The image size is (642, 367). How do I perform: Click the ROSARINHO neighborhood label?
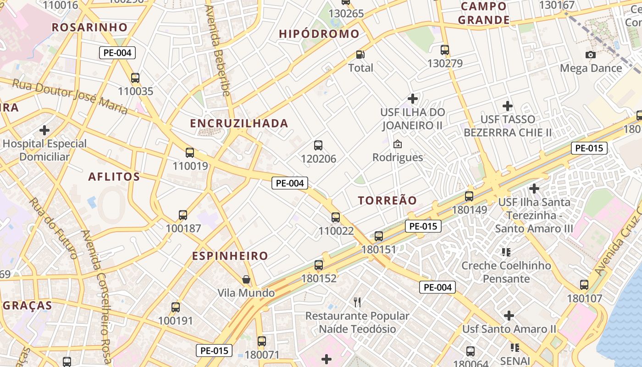tap(89, 27)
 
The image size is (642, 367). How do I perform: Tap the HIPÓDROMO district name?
tap(319, 34)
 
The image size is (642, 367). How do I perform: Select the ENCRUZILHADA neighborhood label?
tap(239, 123)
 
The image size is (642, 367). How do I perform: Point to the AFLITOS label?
tap(114, 177)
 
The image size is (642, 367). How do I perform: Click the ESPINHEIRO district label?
tap(230, 256)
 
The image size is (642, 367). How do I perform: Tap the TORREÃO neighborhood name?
tap(387, 200)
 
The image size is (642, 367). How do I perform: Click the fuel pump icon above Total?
tap(361, 55)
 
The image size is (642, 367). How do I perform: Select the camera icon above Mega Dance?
tap(591, 55)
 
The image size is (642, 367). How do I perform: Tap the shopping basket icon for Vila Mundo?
tap(246, 279)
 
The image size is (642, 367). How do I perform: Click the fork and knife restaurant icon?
tap(357, 302)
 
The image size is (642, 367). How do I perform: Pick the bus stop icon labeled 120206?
tap(318, 145)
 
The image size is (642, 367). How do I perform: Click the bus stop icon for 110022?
tap(336, 217)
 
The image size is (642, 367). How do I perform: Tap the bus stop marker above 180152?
tap(319, 265)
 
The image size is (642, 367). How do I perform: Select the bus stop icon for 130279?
tap(445, 50)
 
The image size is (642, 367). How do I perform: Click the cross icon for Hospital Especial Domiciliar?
tap(44, 130)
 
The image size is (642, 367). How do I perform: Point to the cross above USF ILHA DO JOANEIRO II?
tap(413, 99)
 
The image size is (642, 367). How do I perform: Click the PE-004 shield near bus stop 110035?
tap(117, 53)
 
